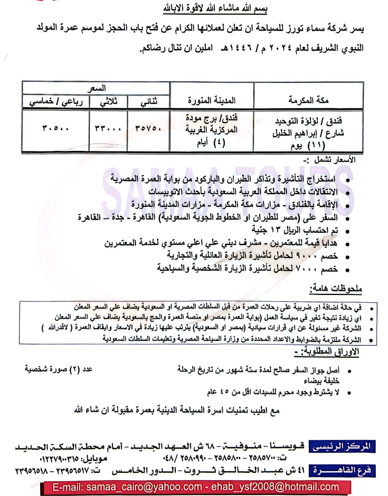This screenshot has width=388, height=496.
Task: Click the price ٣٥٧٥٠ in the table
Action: pyautogui.click(x=148, y=128)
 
